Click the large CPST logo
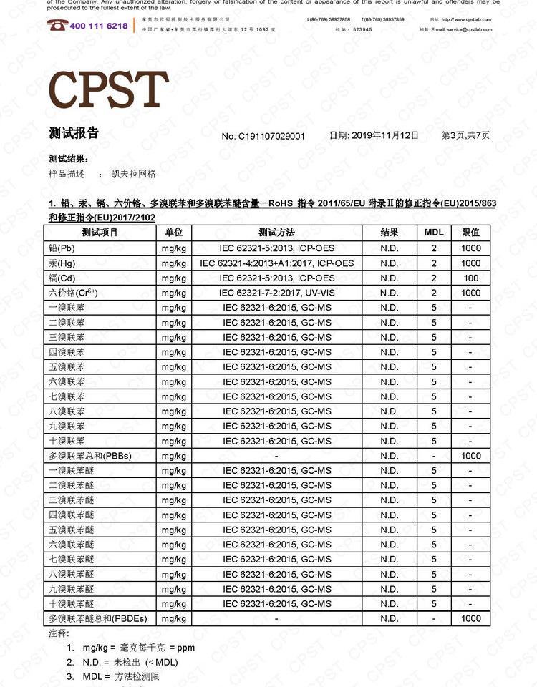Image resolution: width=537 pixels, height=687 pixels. (108, 89)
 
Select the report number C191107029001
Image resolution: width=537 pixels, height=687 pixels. (272, 136)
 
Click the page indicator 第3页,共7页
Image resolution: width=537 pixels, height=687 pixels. (465, 135)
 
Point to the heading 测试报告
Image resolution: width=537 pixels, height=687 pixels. (74, 133)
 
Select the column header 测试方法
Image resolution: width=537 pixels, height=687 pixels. (276, 233)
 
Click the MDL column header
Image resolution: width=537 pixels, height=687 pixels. (434, 233)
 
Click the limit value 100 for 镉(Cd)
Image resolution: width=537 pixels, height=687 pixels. (470, 278)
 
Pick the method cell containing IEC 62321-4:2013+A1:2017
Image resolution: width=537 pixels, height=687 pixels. (277, 263)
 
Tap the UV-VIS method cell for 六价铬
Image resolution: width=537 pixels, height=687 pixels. (277, 293)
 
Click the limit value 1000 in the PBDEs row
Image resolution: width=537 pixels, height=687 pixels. (470, 618)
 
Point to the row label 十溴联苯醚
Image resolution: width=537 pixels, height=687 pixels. (71, 603)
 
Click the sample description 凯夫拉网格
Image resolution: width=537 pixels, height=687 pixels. (134, 174)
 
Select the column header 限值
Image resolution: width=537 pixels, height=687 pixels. (470, 233)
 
